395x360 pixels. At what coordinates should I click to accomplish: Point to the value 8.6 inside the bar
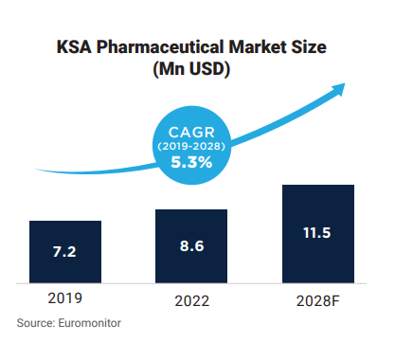click(192, 246)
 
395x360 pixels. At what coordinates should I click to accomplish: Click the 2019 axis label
click(64, 298)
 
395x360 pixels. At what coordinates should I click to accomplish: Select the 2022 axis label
click(191, 301)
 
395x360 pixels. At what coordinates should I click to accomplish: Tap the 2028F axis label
click(317, 301)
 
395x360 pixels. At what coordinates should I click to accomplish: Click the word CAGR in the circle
click(191, 132)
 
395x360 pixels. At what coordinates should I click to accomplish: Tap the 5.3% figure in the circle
click(191, 162)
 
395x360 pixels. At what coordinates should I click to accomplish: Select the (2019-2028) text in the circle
click(191, 147)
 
